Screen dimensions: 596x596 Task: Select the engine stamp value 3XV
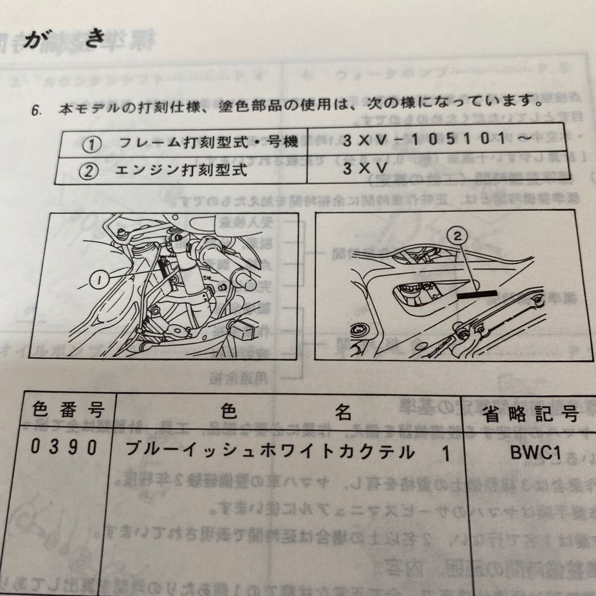click(x=365, y=169)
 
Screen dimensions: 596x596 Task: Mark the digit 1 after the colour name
click(x=446, y=454)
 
